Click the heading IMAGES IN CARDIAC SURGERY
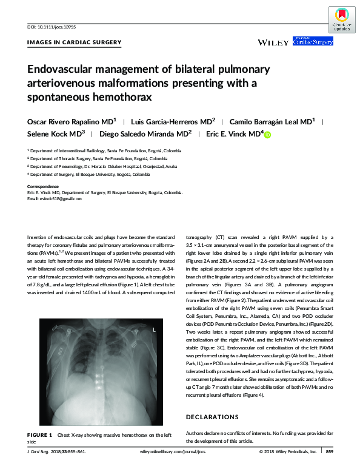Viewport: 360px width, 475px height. (x=75, y=42)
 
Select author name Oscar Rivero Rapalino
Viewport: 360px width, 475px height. (x=69, y=122)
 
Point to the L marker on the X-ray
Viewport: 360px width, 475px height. (x=155, y=330)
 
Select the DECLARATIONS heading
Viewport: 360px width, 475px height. (x=212, y=417)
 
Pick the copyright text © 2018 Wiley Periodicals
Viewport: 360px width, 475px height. (x=287, y=452)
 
